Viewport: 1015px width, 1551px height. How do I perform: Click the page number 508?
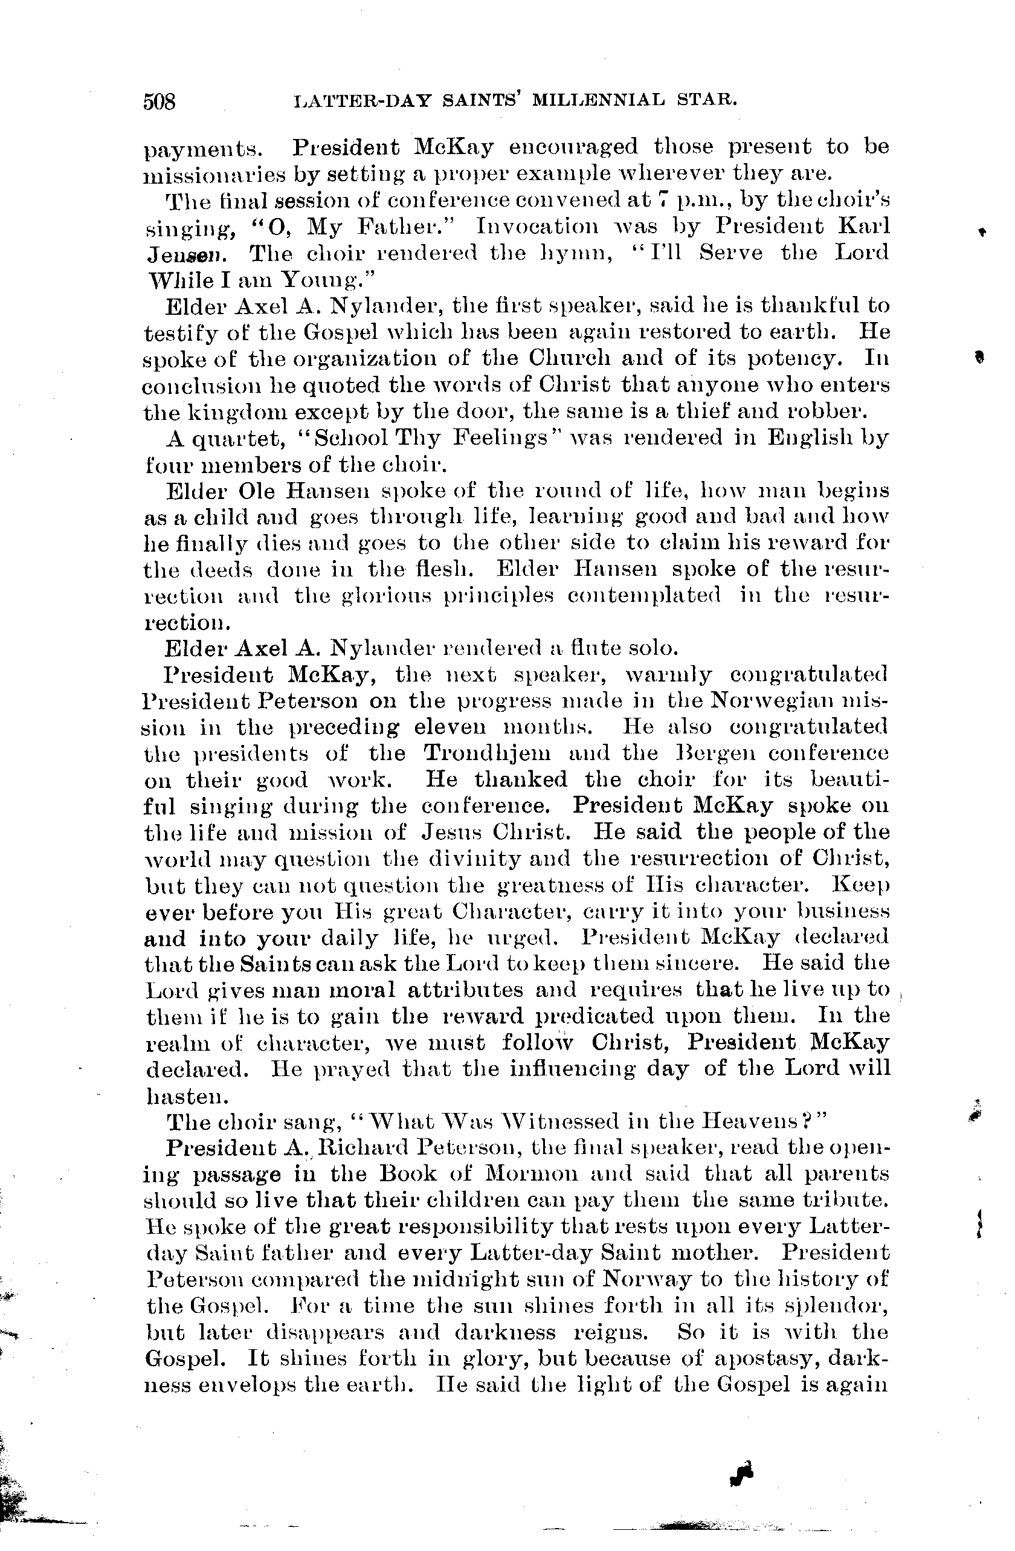[159, 102]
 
